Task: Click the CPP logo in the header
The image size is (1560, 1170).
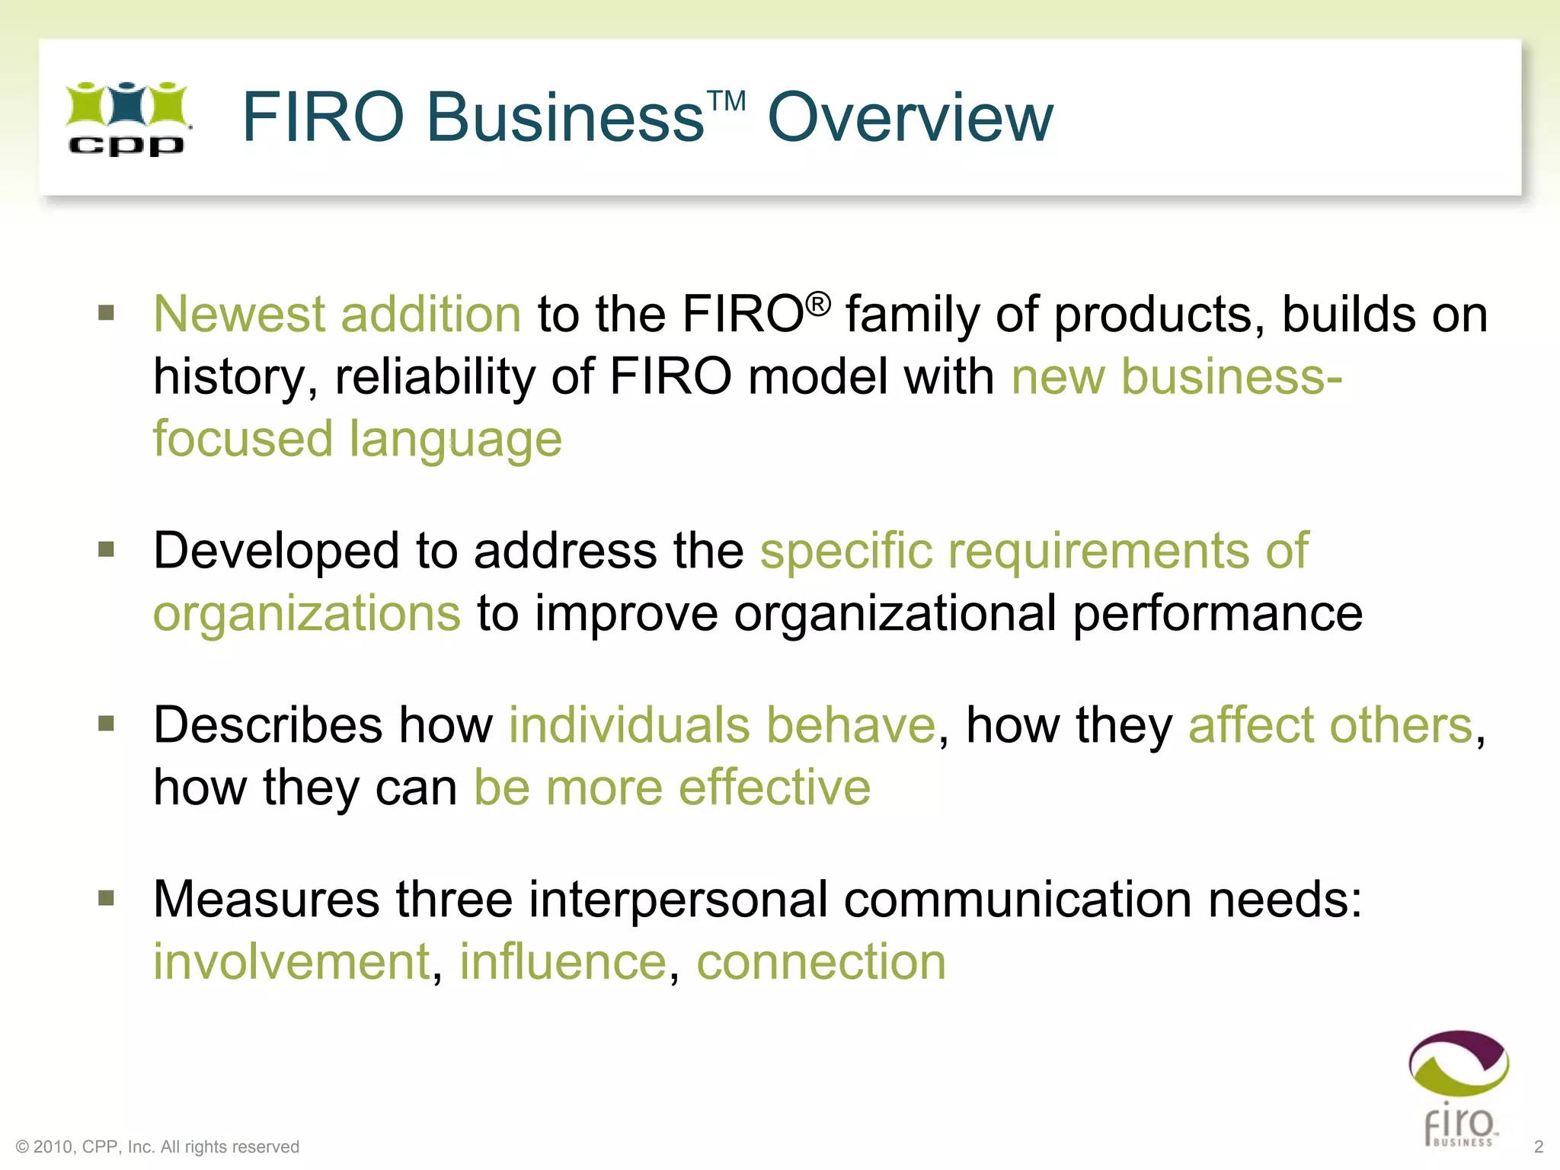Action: tap(126, 119)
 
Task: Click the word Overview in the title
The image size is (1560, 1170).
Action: tap(909, 117)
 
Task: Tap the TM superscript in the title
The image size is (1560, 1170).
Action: tap(726, 101)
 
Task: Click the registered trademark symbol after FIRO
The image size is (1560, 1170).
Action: tap(817, 305)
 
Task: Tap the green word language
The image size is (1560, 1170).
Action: tap(455, 440)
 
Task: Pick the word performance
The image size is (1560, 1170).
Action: tap(1217, 613)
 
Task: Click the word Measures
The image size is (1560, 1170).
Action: tap(266, 899)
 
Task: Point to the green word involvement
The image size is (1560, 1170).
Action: tap(292, 961)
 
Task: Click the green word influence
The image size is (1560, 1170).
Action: tap(563, 961)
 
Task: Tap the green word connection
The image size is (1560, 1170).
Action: tap(820, 961)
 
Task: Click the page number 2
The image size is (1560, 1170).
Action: tap(1538, 1146)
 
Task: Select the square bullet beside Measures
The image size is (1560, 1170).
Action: tap(107, 898)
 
